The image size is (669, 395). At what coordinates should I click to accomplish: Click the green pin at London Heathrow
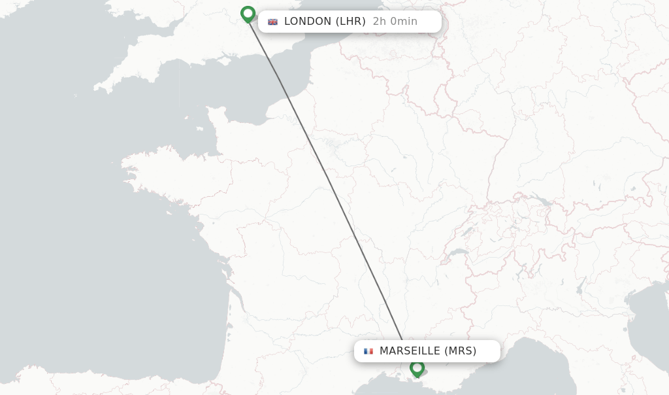pos(248,14)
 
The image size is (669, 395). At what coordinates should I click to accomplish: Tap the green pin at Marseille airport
pos(417,368)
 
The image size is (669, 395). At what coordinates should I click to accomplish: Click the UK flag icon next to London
pos(272,22)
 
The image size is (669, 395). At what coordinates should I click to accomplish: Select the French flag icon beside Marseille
pos(368,351)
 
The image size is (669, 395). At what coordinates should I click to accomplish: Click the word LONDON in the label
pos(308,22)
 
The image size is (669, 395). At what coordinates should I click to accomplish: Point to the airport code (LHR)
pos(351,22)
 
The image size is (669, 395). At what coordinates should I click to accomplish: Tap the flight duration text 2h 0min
pos(395,22)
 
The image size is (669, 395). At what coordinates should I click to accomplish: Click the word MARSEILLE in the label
pos(410,351)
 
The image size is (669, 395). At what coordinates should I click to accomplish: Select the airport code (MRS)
pos(461,351)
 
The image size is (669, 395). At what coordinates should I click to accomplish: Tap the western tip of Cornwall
pos(98,88)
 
